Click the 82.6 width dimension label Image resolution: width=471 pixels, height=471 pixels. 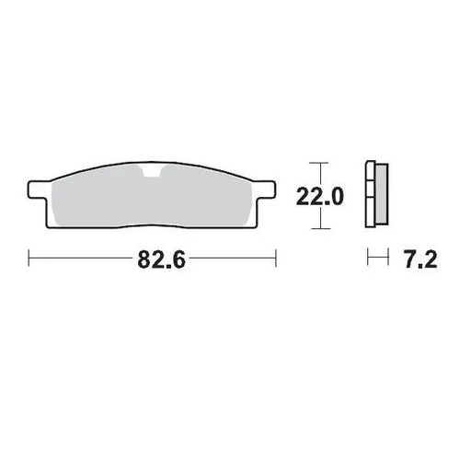pos(161,260)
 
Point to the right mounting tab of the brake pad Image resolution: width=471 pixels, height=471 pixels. pos(268,190)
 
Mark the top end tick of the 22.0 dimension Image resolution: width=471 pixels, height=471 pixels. pos(317,163)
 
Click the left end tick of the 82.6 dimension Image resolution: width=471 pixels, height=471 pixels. pos(29,260)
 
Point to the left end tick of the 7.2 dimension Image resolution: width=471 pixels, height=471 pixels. pos(368,260)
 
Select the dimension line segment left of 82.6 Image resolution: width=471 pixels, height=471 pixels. pos(83,260)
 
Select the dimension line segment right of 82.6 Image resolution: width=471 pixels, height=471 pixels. pos(235,260)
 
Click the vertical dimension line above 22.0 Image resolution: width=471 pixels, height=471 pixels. pos(317,174)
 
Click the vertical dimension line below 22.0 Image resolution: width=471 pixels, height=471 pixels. pos(317,218)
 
